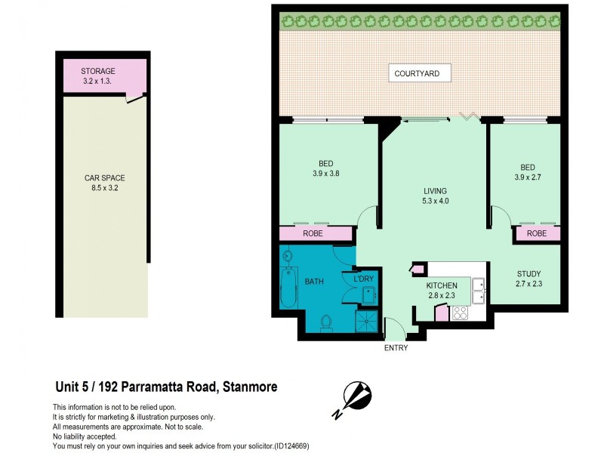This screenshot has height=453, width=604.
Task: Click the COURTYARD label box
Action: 422,73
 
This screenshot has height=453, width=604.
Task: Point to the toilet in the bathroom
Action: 326,323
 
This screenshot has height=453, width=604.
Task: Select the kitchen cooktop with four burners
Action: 460,313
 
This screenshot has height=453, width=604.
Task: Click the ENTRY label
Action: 396,348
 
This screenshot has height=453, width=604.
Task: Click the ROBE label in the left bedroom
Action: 313,234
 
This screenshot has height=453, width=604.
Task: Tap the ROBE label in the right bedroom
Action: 537,234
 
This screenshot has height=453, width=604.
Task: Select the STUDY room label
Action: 528,273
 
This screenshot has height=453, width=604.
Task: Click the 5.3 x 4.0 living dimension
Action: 434,202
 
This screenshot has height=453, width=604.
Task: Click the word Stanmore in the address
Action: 249,387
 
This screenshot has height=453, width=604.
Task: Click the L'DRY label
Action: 363,279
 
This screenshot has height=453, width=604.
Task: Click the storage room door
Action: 136,96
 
